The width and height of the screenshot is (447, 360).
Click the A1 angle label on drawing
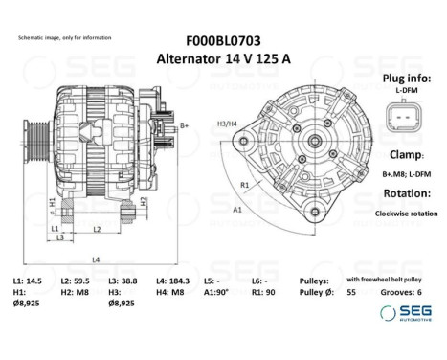(x=237, y=207)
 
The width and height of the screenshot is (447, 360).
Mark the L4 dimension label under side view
(x=96, y=259)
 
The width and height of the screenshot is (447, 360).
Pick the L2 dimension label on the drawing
(x=98, y=229)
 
